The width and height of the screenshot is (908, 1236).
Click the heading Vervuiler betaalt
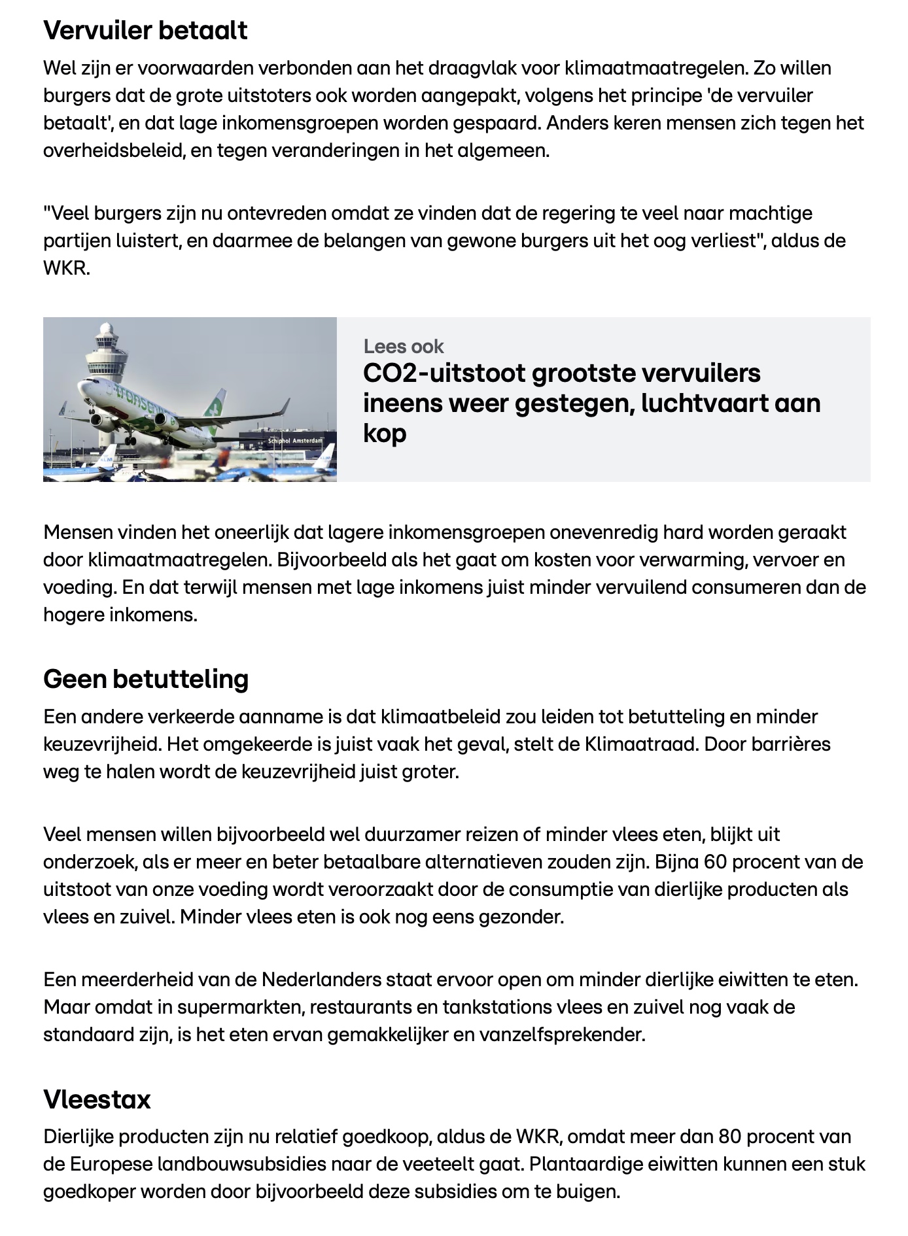pos(145,31)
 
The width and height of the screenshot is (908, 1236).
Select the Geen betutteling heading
pos(146,679)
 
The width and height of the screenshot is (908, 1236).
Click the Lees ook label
pos(404,346)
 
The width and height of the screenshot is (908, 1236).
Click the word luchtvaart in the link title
pos(703,403)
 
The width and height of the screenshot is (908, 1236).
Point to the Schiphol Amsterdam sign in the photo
pos(296,441)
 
